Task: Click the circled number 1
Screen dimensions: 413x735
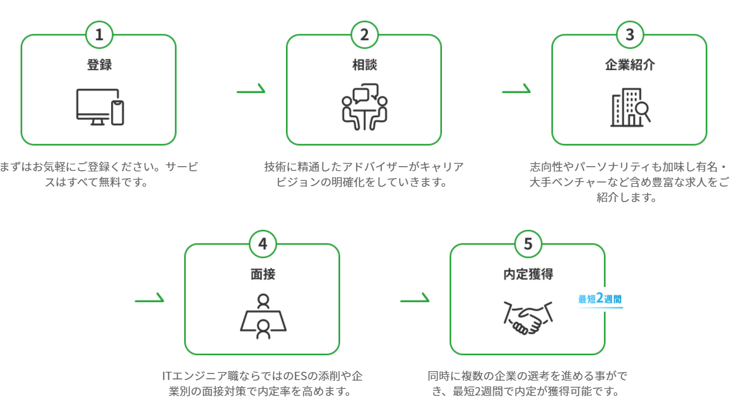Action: [99, 35]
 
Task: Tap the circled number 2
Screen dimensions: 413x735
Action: [364, 35]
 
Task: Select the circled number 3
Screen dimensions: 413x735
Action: [630, 35]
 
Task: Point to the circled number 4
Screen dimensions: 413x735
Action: [262, 244]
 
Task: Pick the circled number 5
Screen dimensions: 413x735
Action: [528, 244]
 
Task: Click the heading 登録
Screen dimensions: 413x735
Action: [99, 65]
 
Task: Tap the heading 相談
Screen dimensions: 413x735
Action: [364, 65]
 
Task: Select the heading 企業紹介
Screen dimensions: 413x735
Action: [630, 65]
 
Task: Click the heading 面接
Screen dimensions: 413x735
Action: [262, 274]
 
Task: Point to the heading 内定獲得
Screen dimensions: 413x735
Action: [528, 274]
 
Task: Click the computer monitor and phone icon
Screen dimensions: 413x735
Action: [100, 107]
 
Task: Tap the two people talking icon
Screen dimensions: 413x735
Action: [364, 107]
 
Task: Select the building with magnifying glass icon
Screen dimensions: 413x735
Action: [630, 107]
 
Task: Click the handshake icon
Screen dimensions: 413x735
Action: [528, 318]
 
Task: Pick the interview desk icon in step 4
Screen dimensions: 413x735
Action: [262, 316]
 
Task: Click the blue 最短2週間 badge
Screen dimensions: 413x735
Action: [600, 299]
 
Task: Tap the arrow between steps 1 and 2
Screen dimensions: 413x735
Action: [251, 90]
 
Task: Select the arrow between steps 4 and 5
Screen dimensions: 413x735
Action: [415, 299]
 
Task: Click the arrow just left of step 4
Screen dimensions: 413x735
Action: [149, 299]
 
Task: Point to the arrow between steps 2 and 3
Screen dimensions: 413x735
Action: [516, 90]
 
